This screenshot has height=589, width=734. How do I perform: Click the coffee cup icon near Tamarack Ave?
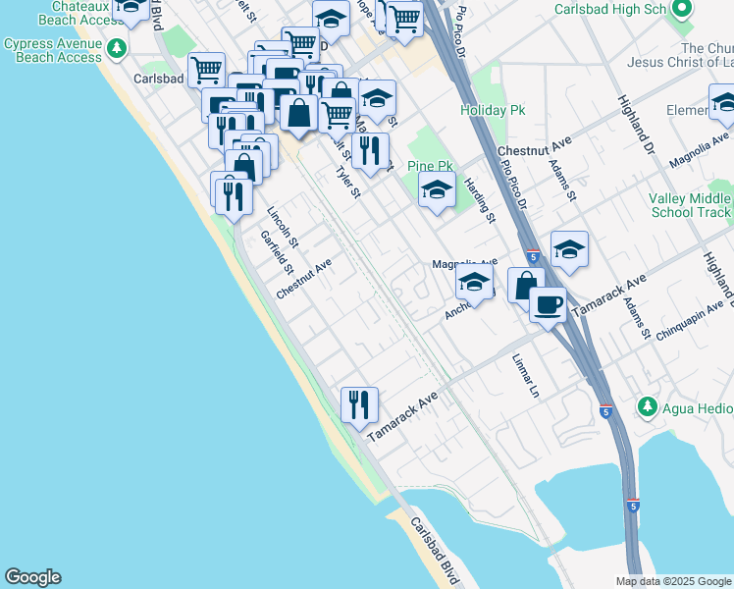coord(548,303)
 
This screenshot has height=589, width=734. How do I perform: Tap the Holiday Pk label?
coord(494,110)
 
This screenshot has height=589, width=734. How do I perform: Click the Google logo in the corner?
coord(32,577)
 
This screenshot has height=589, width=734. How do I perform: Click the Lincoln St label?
coord(283,224)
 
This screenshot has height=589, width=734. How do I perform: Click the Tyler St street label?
coord(348,181)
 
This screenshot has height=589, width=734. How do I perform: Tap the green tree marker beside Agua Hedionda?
coord(647,405)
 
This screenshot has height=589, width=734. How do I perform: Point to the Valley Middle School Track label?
coord(689,205)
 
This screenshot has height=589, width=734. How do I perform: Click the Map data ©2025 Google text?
coord(674,581)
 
